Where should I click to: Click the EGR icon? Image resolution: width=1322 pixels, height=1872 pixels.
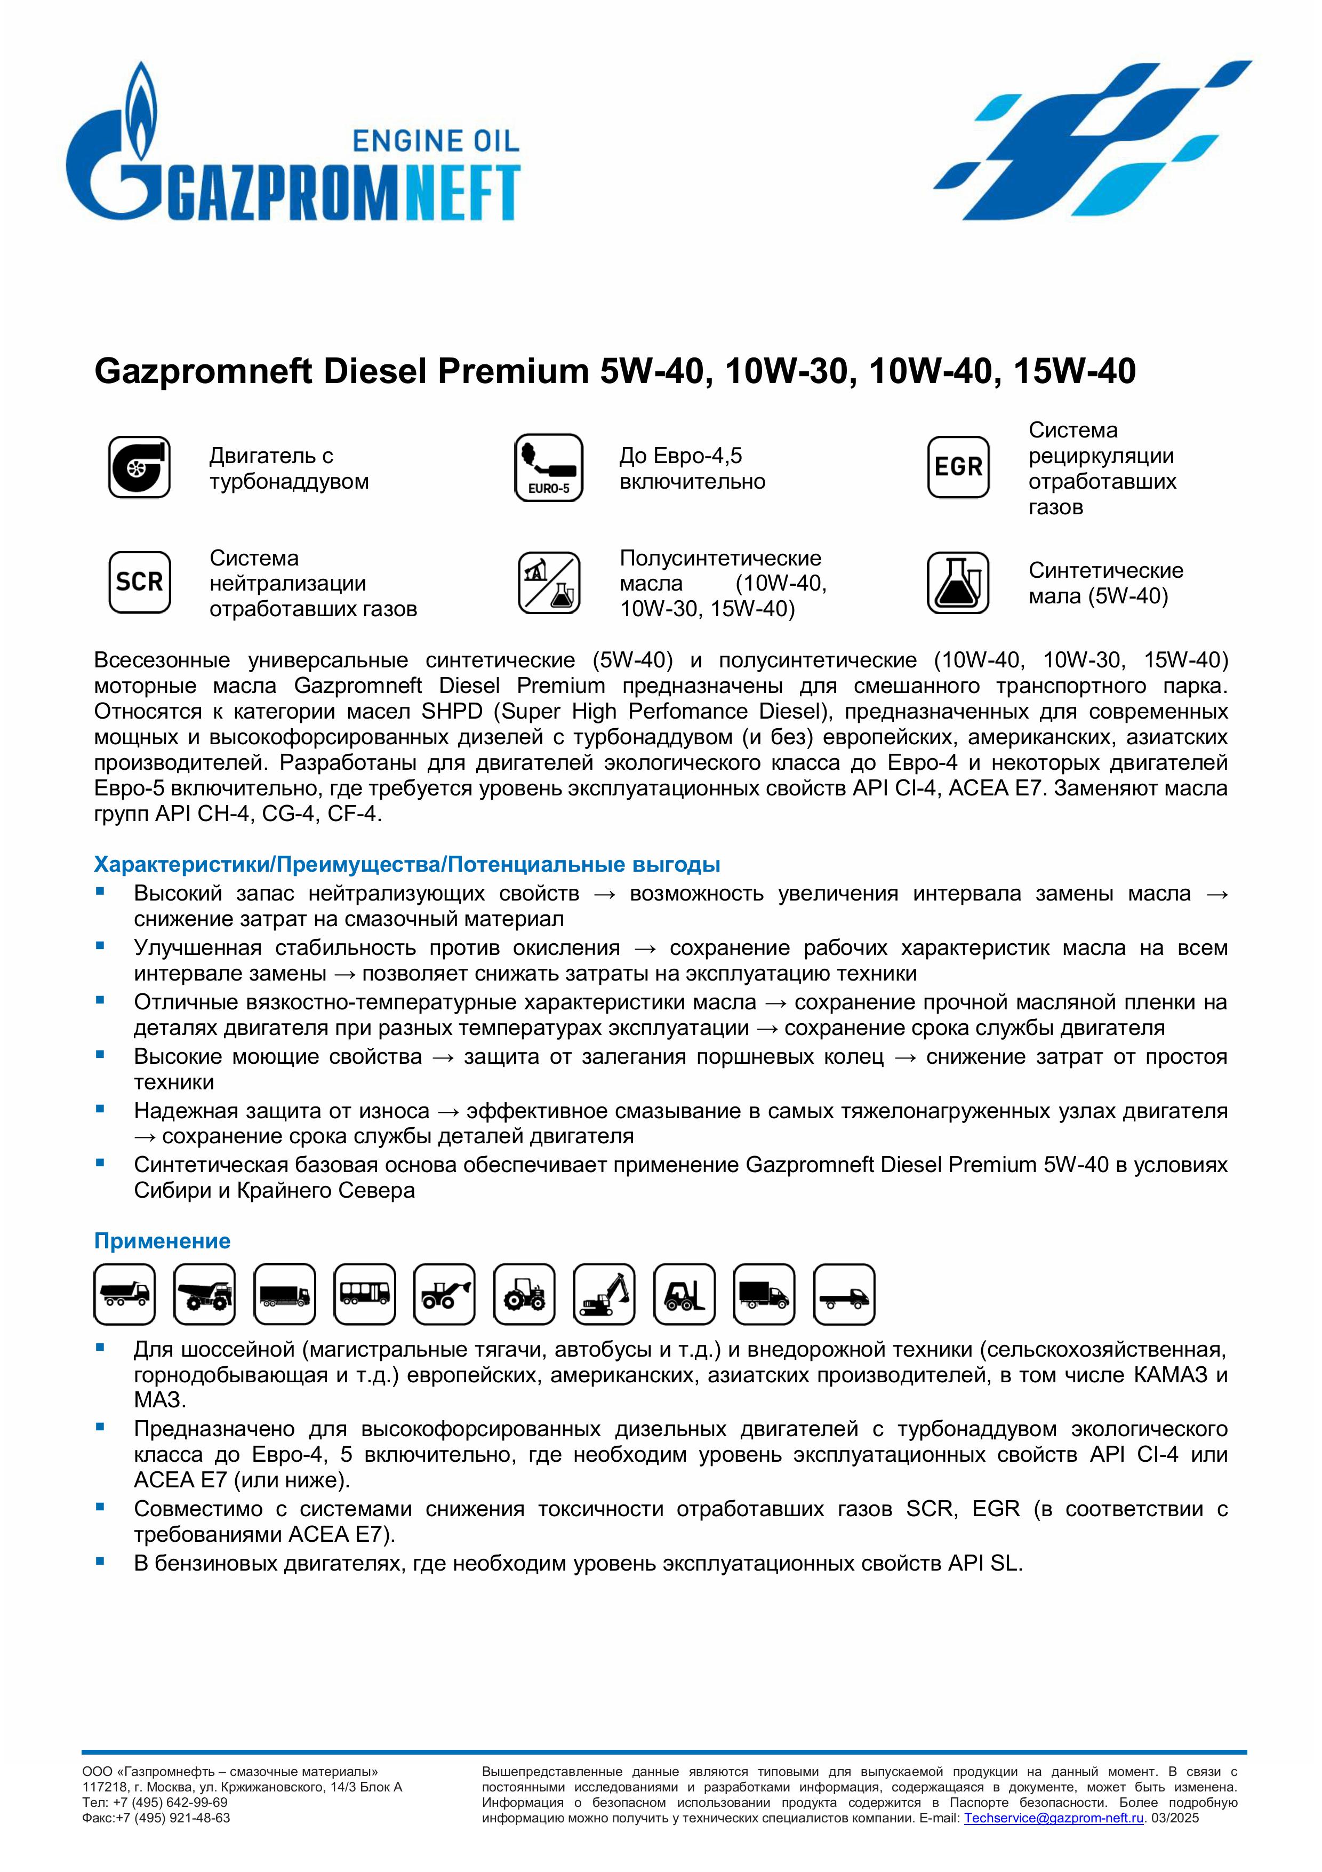(958, 467)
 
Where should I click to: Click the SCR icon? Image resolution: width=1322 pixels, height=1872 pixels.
(139, 582)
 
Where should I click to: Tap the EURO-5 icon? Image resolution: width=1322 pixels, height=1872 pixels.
(549, 467)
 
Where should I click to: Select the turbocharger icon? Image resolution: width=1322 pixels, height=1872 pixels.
(139, 467)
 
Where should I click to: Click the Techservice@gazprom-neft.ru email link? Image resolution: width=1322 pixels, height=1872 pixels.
(1053, 1818)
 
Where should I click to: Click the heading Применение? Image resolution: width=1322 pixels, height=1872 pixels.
(162, 1241)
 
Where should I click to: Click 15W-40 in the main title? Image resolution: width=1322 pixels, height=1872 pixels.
(1074, 372)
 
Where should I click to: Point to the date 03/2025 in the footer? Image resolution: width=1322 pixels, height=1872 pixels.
(1175, 1818)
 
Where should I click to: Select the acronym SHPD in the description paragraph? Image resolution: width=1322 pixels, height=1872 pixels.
(452, 712)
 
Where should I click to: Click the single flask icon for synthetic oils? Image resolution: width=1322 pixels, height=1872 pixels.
(958, 582)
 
